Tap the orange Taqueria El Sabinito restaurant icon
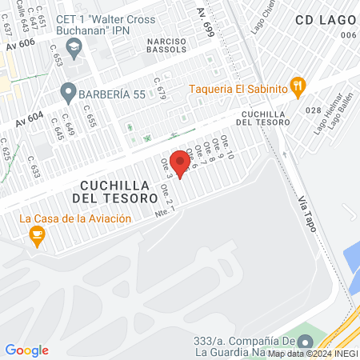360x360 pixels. coord(298,86)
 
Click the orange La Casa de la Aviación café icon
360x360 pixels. coord(36,234)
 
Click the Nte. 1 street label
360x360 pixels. coord(162,211)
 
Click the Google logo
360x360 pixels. coord(26,350)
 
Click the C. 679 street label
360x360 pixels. coord(161,94)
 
